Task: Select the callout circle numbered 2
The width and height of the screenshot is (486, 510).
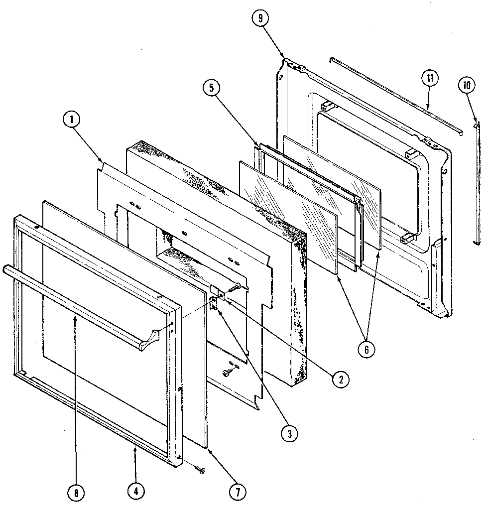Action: (x=341, y=380)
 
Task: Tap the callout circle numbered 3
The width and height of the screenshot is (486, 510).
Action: (x=288, y=433)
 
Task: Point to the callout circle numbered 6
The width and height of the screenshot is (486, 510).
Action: (x=366, y=349)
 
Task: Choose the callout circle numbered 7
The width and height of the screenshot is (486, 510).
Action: (x=237, y=492)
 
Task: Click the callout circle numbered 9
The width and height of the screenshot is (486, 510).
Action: (x=260, y=18)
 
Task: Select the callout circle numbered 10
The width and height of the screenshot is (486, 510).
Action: (x=466, y=86)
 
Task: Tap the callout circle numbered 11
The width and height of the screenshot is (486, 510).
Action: (x=429, y=79)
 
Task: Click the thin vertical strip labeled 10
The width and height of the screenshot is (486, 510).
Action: (x=477, y=184)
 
